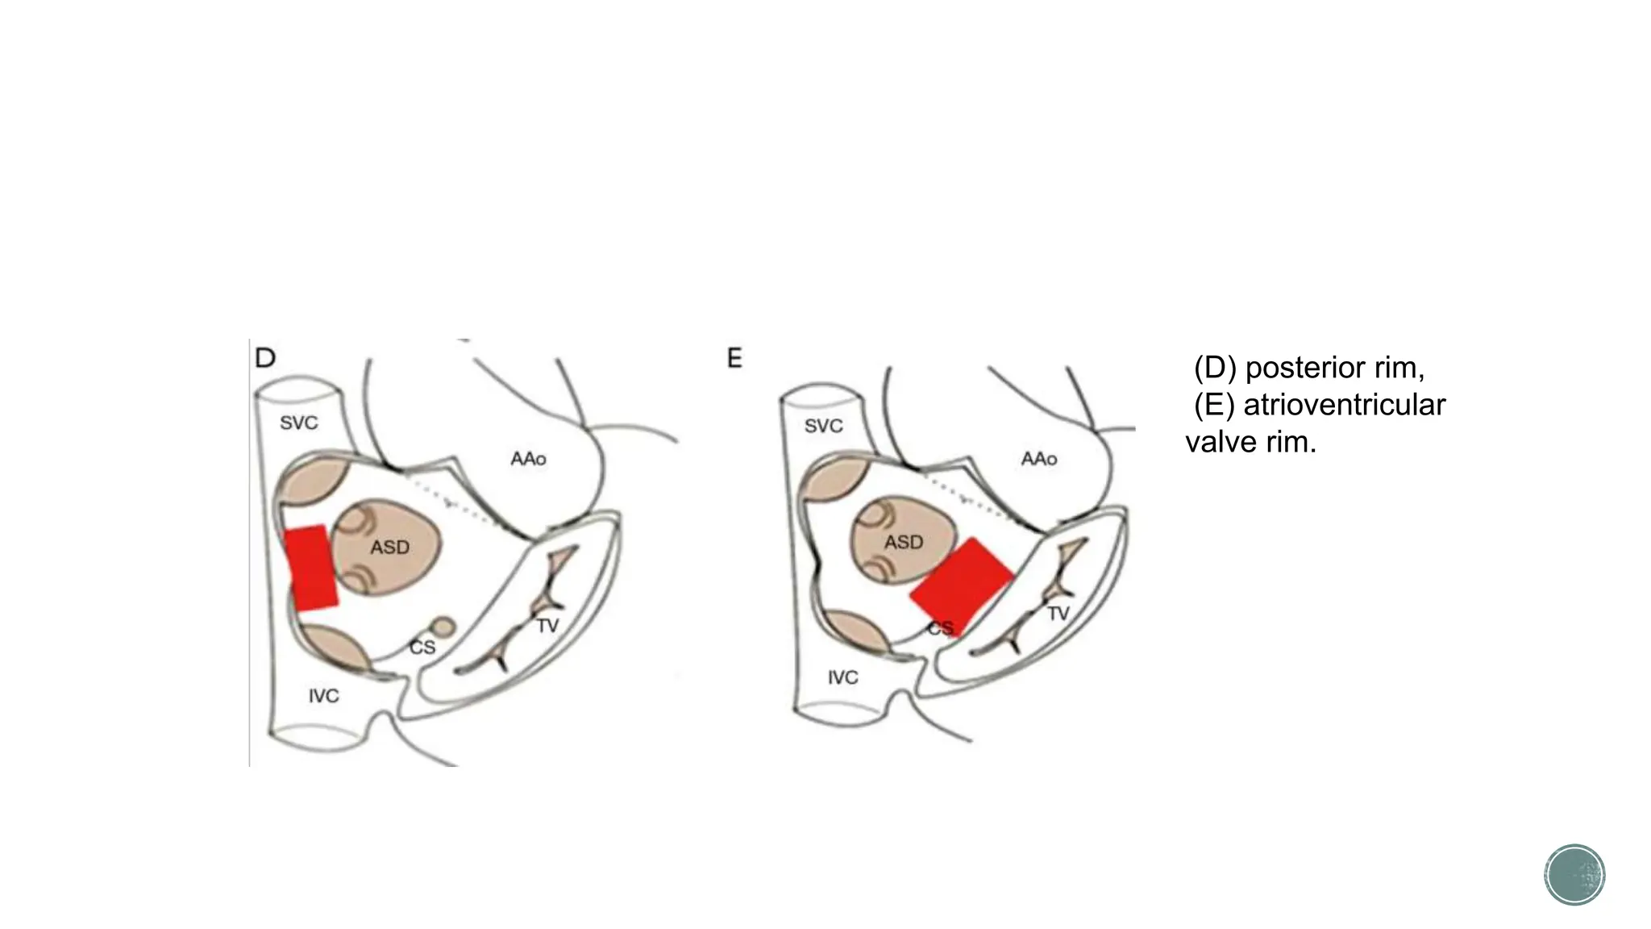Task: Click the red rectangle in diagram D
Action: tap(311, 568)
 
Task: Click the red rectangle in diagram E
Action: tap(961, 585)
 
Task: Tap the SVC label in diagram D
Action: tap(298, 423)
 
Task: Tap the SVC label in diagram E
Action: tap(823, 426)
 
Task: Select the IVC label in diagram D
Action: tap(323, 696)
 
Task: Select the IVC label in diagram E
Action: tap(842, 677)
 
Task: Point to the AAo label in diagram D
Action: tap(528, 459)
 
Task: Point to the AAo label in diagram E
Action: tap(1038, 459)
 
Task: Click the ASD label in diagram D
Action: tap(389, 548)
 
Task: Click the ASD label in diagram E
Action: tap(903, 543)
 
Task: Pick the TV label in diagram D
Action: tap(547, 626)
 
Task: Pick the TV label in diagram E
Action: tap(1058, 614)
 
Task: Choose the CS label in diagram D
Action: tap(422, 648)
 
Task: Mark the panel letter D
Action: tap(265, 358)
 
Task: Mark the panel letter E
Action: tap(734, 358)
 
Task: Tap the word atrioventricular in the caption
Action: tap(1344, 405)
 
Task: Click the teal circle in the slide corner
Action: tap(1574, 875)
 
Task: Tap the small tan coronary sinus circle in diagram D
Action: tap(443, 627)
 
